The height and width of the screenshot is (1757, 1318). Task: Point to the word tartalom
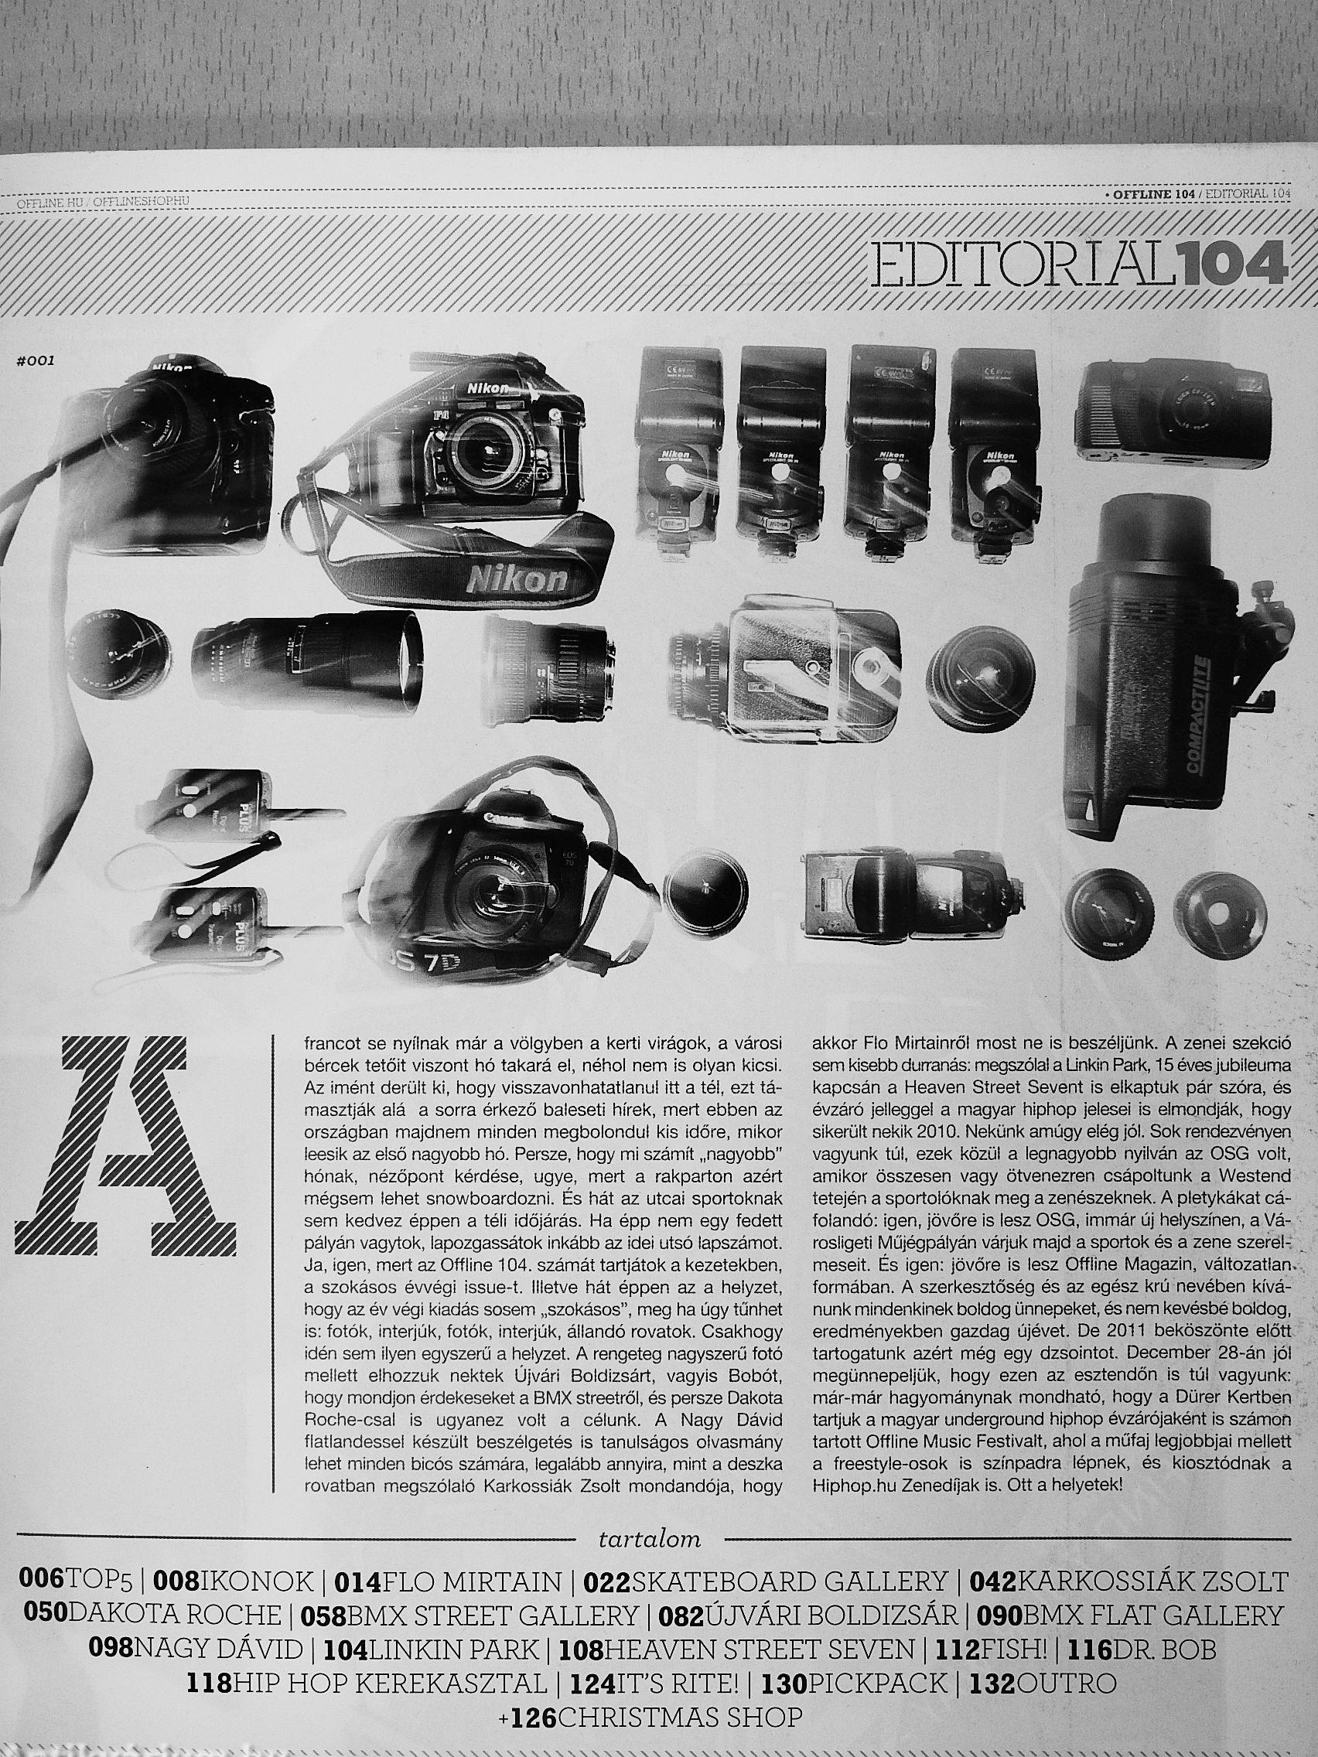click(x=650, y=1518)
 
